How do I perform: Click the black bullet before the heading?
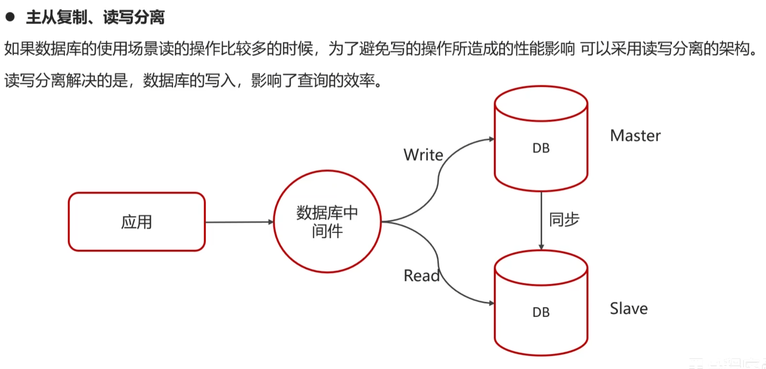coord(10,17)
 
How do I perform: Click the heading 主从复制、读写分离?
coord(95,18)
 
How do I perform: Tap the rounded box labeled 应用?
coord(137,221)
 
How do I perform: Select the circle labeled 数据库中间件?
coord(327,221)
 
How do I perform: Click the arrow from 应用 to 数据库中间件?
coord(239,222)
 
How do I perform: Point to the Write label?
coord(423,155)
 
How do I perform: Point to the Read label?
coord(421,276)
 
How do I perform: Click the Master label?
coord(635,136)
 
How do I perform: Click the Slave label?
coord(629,309)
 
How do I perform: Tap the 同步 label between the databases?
coord(564,219)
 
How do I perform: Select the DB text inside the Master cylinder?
coord(541,148)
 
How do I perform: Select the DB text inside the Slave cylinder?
coord(541,312)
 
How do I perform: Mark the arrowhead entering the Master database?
coord(492,139)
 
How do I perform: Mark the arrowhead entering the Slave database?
coord(492,303)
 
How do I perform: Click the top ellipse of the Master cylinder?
coord(541,103)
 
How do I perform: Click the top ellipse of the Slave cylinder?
coord(541,268)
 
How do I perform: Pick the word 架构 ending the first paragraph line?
coord(734,49)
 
